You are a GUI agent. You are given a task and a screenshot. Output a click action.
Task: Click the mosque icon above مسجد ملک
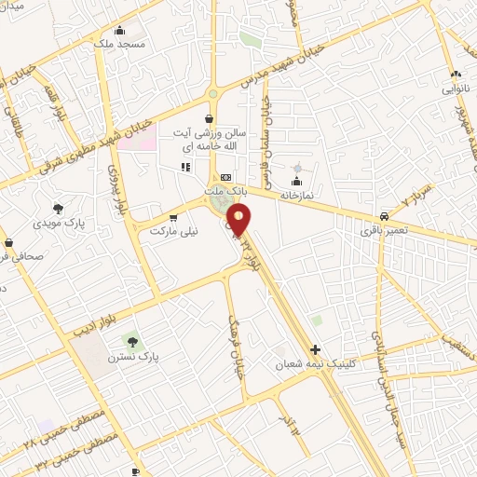click(x=119, y=29)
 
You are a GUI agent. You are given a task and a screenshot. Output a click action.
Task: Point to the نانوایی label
click(x=456, y=88)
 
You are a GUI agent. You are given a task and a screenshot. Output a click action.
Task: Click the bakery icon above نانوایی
click(x=456, y=74)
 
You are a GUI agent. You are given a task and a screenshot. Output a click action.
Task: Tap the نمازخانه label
click(x=296, y=197)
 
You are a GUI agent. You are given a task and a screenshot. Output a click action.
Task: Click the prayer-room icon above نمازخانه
click(x=297, y=182)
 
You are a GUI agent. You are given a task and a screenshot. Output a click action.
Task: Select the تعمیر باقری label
click(x=384, y=226)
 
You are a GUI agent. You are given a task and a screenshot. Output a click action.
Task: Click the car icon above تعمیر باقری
click(x=384, y=211)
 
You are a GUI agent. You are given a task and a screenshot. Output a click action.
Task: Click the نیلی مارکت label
click(x=157, y=229)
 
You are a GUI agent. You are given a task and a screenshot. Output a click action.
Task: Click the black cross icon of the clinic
click(x=316, y=349)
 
